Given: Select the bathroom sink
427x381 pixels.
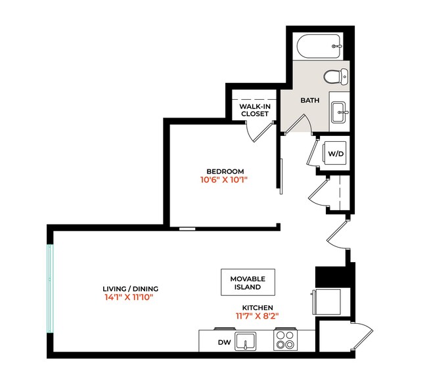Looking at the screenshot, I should (339, 112).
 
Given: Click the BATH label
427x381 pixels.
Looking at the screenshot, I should (309, 101).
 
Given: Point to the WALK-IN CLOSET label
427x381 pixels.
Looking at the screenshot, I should (254, 110).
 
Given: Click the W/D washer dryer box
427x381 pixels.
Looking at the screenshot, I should (336, 154).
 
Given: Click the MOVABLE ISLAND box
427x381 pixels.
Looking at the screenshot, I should (247, 283).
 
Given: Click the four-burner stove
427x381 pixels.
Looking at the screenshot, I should (285, 340).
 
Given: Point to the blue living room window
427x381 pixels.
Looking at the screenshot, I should (50, 290).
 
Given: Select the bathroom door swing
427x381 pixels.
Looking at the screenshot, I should (296, 125).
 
